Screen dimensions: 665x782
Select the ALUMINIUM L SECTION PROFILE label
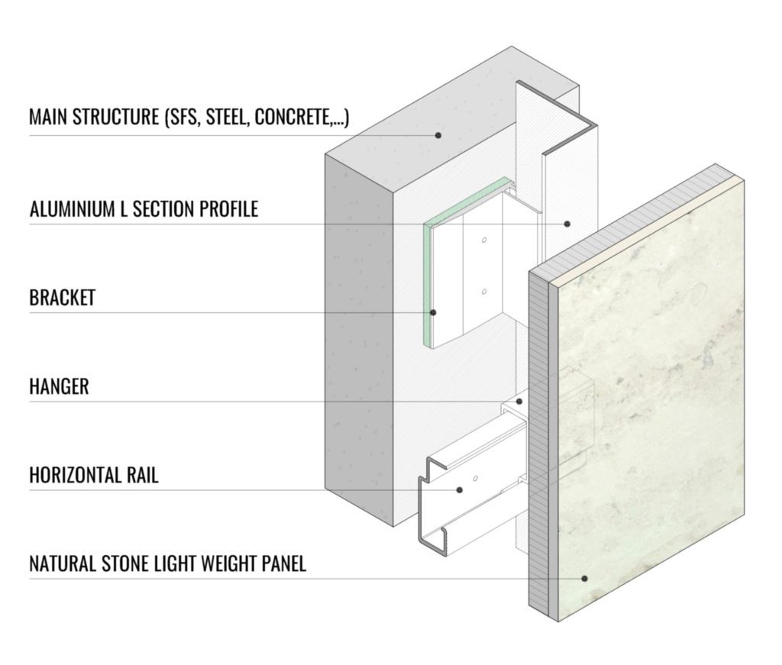[144, 208]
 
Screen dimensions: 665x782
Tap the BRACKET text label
[62, 297]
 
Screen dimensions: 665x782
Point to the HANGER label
[59, 386]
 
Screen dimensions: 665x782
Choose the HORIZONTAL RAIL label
[93, 475]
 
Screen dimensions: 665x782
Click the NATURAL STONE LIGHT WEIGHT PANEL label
[167, 564]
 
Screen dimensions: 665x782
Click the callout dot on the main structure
[439, 135]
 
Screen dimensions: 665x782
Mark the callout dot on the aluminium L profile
[567, 224]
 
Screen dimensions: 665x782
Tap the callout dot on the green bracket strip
[433, 312]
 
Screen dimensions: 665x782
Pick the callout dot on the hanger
[519, 401]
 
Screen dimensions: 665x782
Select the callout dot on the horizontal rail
[460, 489]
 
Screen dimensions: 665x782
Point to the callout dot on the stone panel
[584, 578]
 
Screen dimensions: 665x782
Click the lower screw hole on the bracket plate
[484, 292]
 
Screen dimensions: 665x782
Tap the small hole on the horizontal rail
[475, 478]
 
